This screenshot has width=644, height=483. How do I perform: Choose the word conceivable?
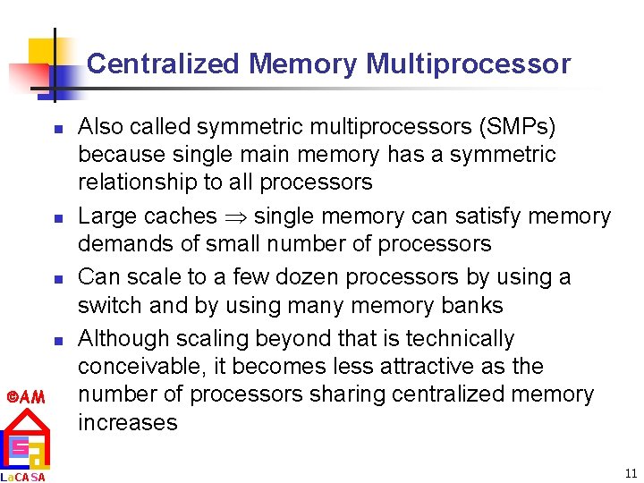pos(139,367)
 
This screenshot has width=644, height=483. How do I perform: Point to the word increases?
pos(128,422)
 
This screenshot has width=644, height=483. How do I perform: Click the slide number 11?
pos(631,473)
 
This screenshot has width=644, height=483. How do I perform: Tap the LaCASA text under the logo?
pos(23,477)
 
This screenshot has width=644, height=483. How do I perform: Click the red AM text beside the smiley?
pos(29,396)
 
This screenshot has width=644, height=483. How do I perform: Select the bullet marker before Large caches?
pos(55,217)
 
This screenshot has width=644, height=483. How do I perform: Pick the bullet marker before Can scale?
pos(55,279)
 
